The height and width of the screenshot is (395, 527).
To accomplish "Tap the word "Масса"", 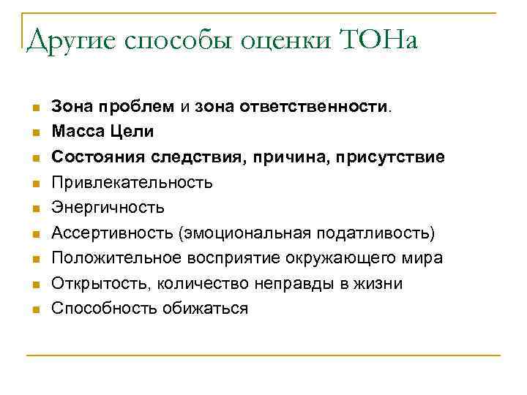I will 75,132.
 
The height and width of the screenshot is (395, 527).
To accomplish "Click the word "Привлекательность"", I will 132,182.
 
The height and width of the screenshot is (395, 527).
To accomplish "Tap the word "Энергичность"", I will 108,208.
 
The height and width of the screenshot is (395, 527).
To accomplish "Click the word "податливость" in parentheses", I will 373,233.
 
